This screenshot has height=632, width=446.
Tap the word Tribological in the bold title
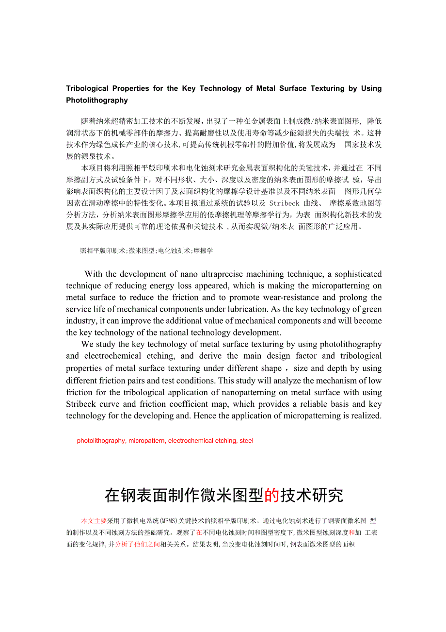87,88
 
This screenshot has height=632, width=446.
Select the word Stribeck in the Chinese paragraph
285,203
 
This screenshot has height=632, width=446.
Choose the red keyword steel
246,441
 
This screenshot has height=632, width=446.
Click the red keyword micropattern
146,441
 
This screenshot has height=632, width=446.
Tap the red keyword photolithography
101,441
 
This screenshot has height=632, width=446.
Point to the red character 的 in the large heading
271,496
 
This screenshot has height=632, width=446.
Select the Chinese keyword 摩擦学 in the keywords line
204,251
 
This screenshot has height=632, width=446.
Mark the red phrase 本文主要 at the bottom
94,521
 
